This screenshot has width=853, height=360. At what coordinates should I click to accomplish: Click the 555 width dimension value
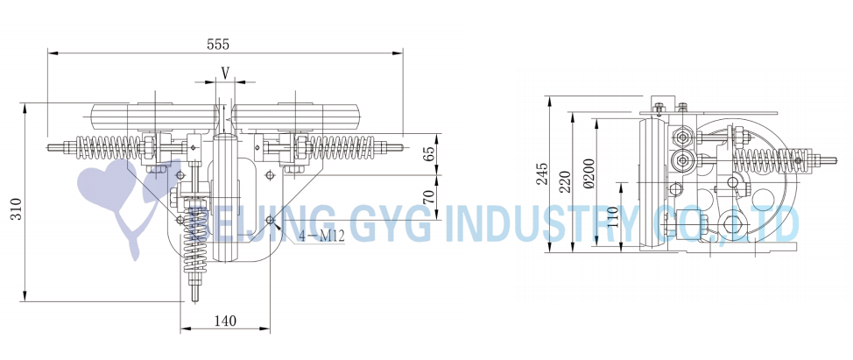coord(217,45)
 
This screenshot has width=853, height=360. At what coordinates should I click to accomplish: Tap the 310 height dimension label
coord(17,208)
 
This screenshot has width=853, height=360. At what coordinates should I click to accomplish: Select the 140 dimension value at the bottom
coord(225,321)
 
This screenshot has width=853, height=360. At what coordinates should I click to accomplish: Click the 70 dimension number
coord(428,196)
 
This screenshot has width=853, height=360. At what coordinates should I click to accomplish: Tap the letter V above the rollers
coord(225,72)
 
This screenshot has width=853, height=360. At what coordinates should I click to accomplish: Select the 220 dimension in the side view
coord(566,181)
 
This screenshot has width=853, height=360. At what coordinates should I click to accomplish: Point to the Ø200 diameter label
coord(589,174)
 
